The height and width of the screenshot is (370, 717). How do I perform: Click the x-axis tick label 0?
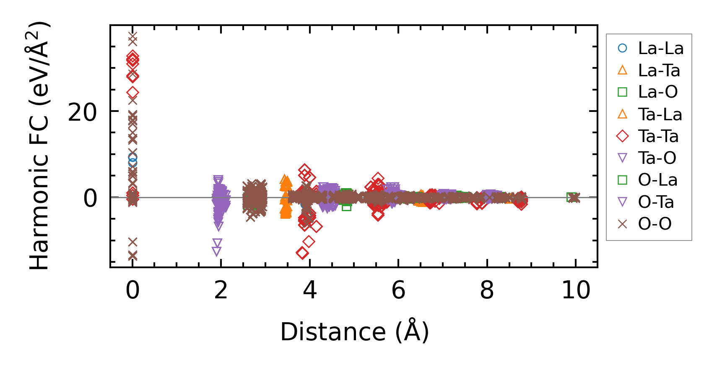click(x=132, y=290)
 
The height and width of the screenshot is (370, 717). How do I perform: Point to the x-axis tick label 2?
click(x=221, y=290)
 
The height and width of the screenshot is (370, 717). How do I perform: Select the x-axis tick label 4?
click(x=310, y=290)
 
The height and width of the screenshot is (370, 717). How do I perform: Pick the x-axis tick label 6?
click(x=398, y=290)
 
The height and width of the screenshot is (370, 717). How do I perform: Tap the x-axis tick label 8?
click(x=487, y=290)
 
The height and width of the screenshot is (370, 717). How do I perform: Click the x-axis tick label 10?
click(x=576, y=290)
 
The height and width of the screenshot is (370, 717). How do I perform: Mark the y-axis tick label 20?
click(x=82, y=112)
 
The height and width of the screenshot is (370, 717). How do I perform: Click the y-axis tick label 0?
click(x=90, y=198)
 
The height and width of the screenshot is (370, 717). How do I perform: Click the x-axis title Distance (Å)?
click(x=354, y=332)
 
